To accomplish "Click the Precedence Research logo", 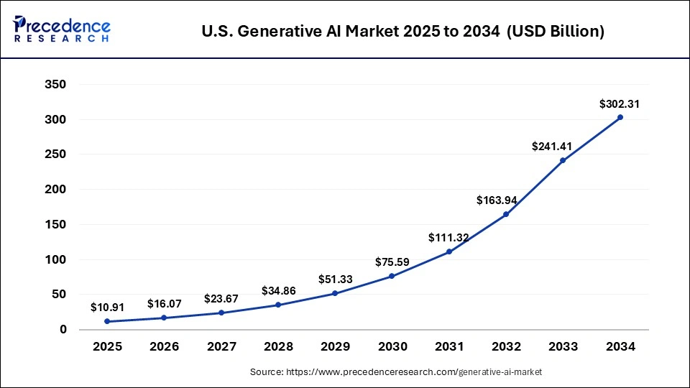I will (x=62, y=29).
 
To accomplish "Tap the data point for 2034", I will (x=620, y=117).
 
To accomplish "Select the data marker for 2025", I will (x=106, y=321).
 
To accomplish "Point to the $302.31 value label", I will (x=620, y=104).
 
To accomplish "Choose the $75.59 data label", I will (x=392, y=262).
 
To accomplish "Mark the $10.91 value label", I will (x=108, y=308).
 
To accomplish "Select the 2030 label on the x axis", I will (x=392, y=347).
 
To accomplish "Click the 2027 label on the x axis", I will (x=221, y=347).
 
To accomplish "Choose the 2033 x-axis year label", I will (x=563, y=347).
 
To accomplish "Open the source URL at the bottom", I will (x=396, y=372).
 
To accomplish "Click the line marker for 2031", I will (x=449, y=251).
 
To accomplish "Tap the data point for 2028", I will (x=278, y=305).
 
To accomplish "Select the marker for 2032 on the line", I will (x=506, y=214).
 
